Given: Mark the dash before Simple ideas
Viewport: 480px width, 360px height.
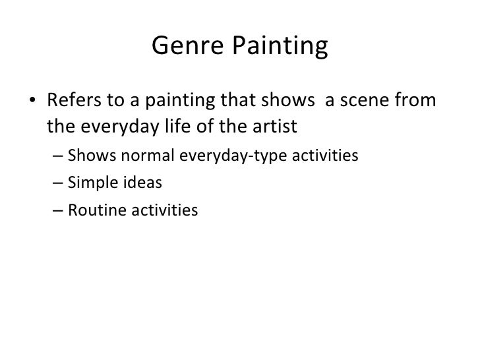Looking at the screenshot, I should coord(57,183).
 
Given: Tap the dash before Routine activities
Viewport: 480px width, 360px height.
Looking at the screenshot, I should coord(57,210).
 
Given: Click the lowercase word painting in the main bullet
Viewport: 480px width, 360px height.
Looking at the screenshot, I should coord(178,102).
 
